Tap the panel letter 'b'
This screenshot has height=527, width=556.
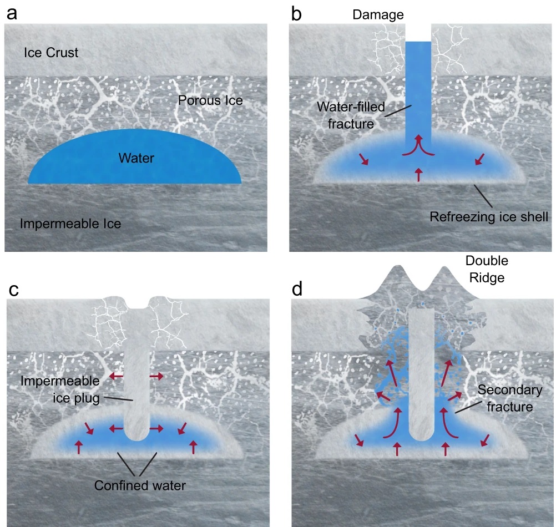point(296,14)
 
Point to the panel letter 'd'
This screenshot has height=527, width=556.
point(298,290)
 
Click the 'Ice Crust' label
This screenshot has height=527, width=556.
point(51,53)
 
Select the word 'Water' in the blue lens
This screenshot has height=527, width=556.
point(136,159)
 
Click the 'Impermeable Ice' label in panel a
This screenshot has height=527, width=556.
point(70,224)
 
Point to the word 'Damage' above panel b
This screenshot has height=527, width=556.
point(378,14)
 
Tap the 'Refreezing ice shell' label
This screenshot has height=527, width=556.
point(489,216)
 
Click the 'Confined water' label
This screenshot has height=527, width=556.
point(140,485)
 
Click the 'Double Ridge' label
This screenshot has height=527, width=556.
point(486,268)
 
